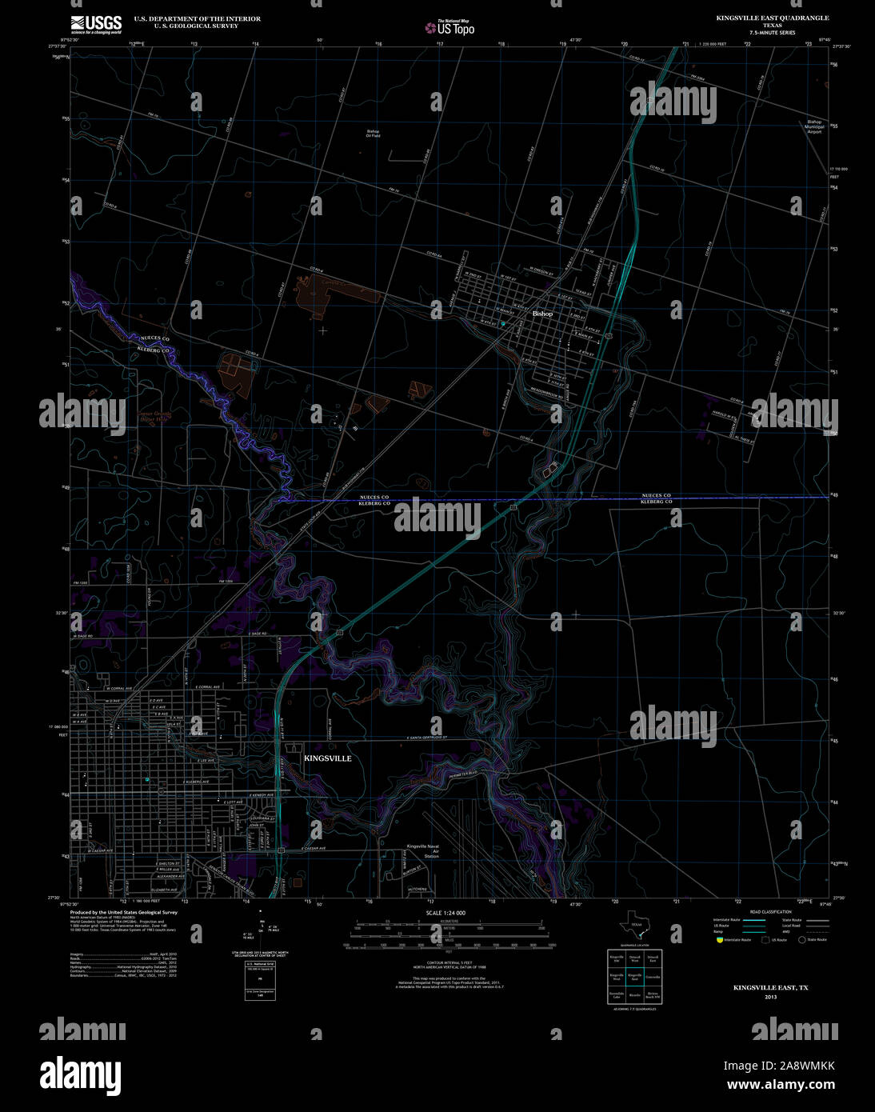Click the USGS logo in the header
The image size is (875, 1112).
pos(96,23)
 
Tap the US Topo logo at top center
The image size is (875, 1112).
pos(449,28)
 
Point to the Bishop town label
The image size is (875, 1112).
pos(542,314)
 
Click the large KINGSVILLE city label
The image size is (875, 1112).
pos(327,758)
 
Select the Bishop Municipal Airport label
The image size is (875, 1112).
pos(814,127)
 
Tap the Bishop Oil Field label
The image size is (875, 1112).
pos(373,134)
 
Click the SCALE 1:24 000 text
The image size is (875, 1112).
pos(445,913)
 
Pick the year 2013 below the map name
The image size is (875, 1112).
pos(770,997)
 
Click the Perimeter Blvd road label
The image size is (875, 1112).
pos(462,773)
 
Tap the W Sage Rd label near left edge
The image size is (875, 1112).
pos(82,637)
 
